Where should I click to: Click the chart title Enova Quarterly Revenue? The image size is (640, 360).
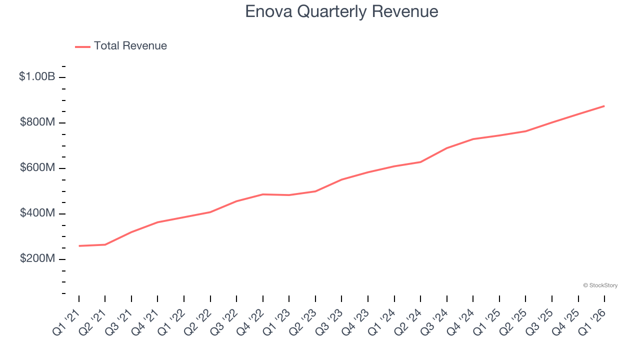pos(341,11)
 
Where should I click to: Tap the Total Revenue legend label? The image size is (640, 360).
pos(130,46)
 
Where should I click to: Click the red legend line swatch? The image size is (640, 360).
pos(82,46)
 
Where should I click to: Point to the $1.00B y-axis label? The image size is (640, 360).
pos(37,77)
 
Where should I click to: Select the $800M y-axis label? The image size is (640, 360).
pos(37,122)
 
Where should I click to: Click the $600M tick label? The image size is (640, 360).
pos(37,168)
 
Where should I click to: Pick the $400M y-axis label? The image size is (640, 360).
pos(37,213)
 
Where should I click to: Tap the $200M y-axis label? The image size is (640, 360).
pos(37,259)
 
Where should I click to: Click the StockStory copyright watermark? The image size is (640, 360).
pos(600,285)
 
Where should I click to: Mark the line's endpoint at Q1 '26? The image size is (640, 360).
pos(604,106)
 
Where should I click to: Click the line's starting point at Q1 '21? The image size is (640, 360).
pos(79,246)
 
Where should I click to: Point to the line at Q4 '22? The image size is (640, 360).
pos(263,194)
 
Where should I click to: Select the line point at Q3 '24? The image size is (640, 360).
pos(447,148)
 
